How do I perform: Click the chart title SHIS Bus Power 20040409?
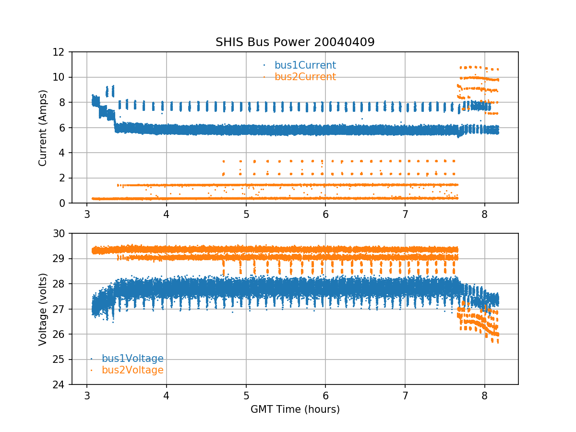coord(295,42)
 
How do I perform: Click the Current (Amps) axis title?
coord(43,128)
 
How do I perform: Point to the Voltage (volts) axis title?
coord(43,309)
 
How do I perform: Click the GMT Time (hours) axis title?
coord(295,409)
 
